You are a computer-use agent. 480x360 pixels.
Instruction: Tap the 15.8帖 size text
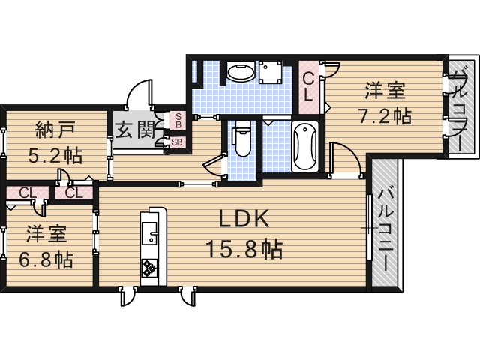244,248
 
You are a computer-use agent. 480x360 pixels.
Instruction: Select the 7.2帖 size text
385,117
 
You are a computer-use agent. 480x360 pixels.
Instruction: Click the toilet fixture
241,140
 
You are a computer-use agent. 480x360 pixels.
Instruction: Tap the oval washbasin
241,73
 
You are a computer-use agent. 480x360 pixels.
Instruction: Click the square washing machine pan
271,73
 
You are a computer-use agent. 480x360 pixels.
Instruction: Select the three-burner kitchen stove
149,266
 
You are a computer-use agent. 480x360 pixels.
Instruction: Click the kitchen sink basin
150,236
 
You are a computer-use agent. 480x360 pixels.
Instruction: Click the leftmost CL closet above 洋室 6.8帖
27,193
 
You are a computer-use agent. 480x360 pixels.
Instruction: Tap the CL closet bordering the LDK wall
73,193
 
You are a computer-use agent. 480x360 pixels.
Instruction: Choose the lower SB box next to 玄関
177,141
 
